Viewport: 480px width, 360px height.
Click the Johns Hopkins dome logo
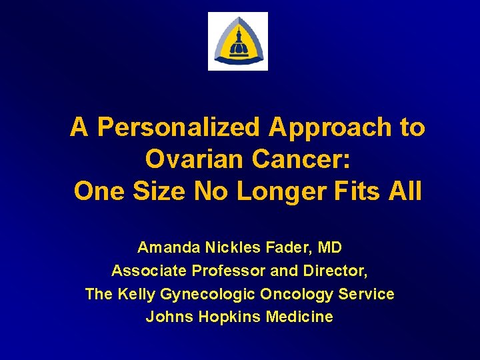pos(238,41)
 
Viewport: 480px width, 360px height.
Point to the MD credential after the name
pos(330,248)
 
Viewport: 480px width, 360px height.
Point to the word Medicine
pos(299,317)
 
